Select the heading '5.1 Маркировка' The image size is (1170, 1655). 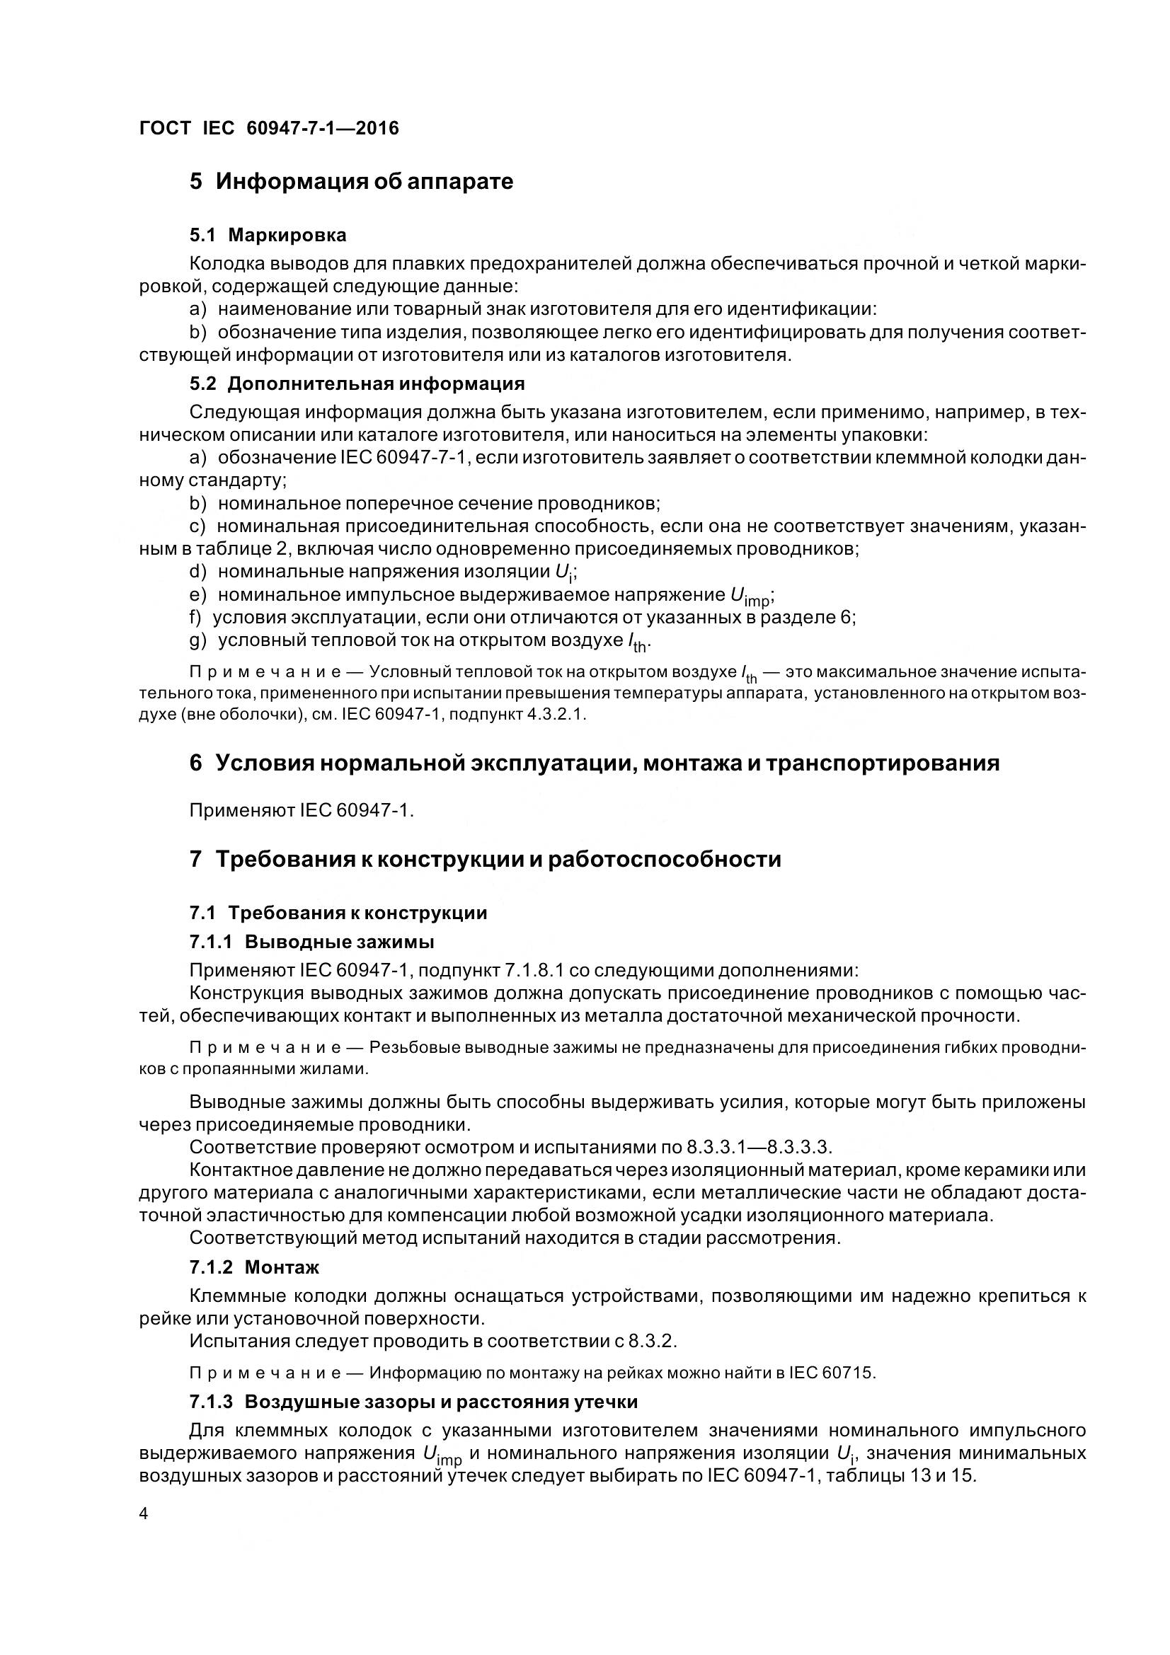[x=268, y=235]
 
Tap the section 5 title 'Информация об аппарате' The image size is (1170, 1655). [x=365, y=181]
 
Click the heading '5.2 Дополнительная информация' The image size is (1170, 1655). [x=357, y=384]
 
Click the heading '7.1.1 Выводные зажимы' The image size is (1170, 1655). [x=311, y=942]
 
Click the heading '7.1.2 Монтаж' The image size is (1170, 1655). [x=255, y=1267]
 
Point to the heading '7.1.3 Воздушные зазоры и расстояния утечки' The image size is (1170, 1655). [x=414, y=1402]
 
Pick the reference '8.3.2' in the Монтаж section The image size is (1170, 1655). [x=653, y=1341]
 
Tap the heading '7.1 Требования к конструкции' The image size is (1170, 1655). [x=339, y=913]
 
